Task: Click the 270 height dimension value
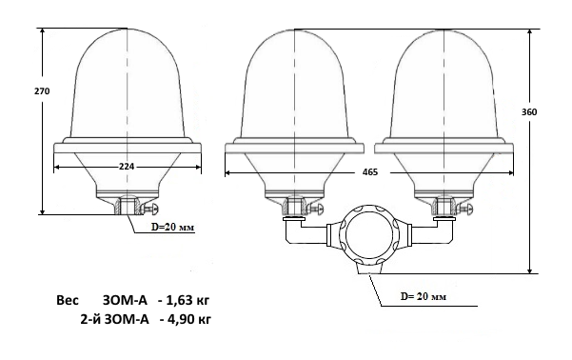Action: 42,90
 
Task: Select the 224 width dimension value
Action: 127,167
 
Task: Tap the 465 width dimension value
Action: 370,172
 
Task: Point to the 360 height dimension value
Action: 529,112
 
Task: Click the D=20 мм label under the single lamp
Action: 173,227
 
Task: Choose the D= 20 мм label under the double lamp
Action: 424,296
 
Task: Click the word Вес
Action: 68,301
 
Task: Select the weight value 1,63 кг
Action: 188,301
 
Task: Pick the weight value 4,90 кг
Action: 189,319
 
